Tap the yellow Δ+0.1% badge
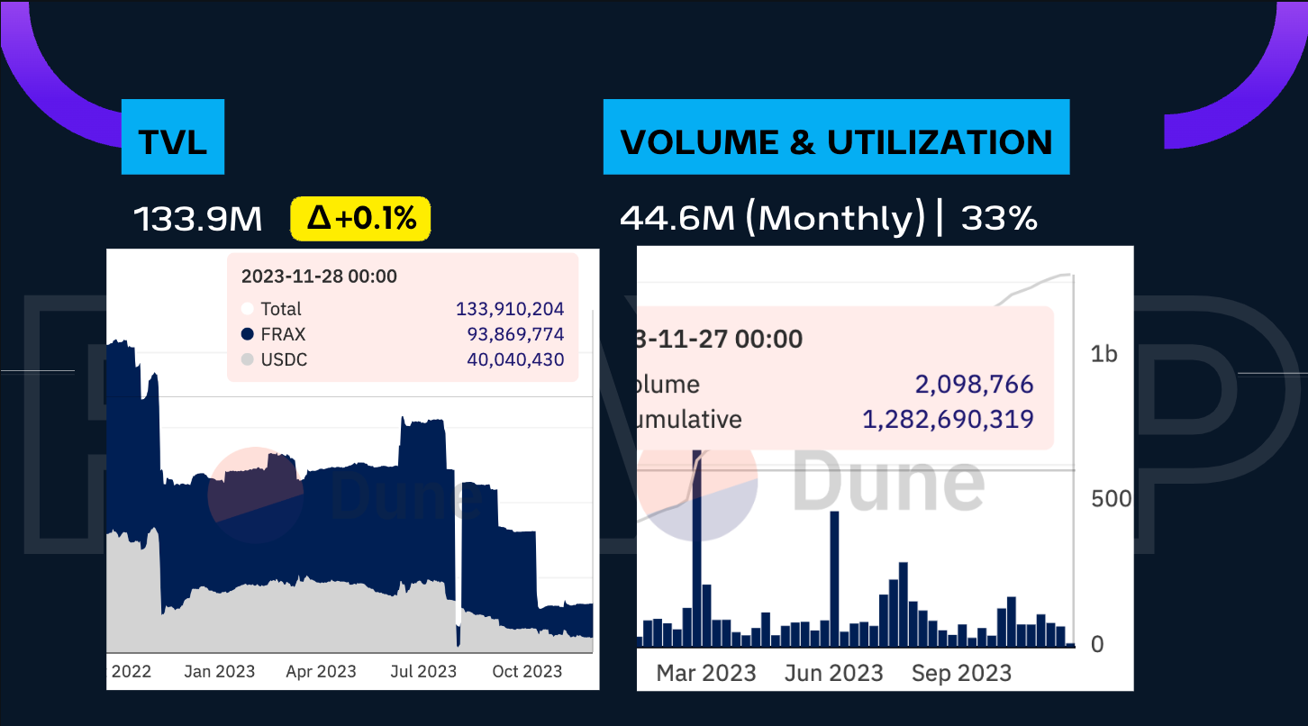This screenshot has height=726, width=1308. click(x=360, y=219)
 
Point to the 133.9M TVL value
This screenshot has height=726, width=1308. click(x=198, y=219)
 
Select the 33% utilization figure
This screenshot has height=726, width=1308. click(x=998, y=218)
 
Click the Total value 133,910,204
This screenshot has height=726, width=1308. click(x=510, y=309)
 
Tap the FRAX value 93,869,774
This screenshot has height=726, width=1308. click(x=515, y=334)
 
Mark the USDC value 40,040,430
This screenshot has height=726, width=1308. click(x=515, y=359)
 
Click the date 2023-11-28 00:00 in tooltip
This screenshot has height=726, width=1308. click(x=319, y=277)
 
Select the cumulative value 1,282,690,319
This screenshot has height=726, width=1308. click(x=948, y=419)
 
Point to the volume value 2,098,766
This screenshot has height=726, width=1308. click(x=974, y=385)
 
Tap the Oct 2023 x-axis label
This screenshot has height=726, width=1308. click(x=527, y=671)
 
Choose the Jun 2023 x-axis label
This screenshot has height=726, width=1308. click(x=833, y=673)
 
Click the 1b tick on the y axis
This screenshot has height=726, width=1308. click(x=1104, y=354)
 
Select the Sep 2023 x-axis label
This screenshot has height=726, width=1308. click(x=961, y=673)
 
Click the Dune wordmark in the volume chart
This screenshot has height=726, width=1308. click(x=888, y=483)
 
